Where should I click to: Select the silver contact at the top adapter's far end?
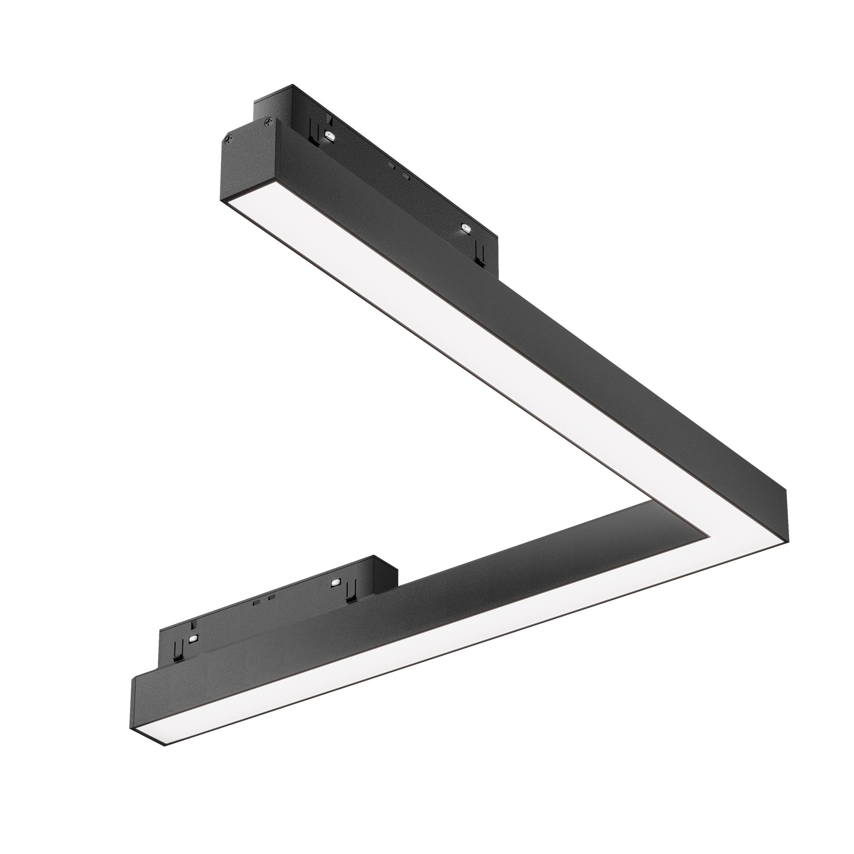point(465,228)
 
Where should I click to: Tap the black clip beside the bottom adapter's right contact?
point(351,593)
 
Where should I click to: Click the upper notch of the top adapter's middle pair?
point(390,166)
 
